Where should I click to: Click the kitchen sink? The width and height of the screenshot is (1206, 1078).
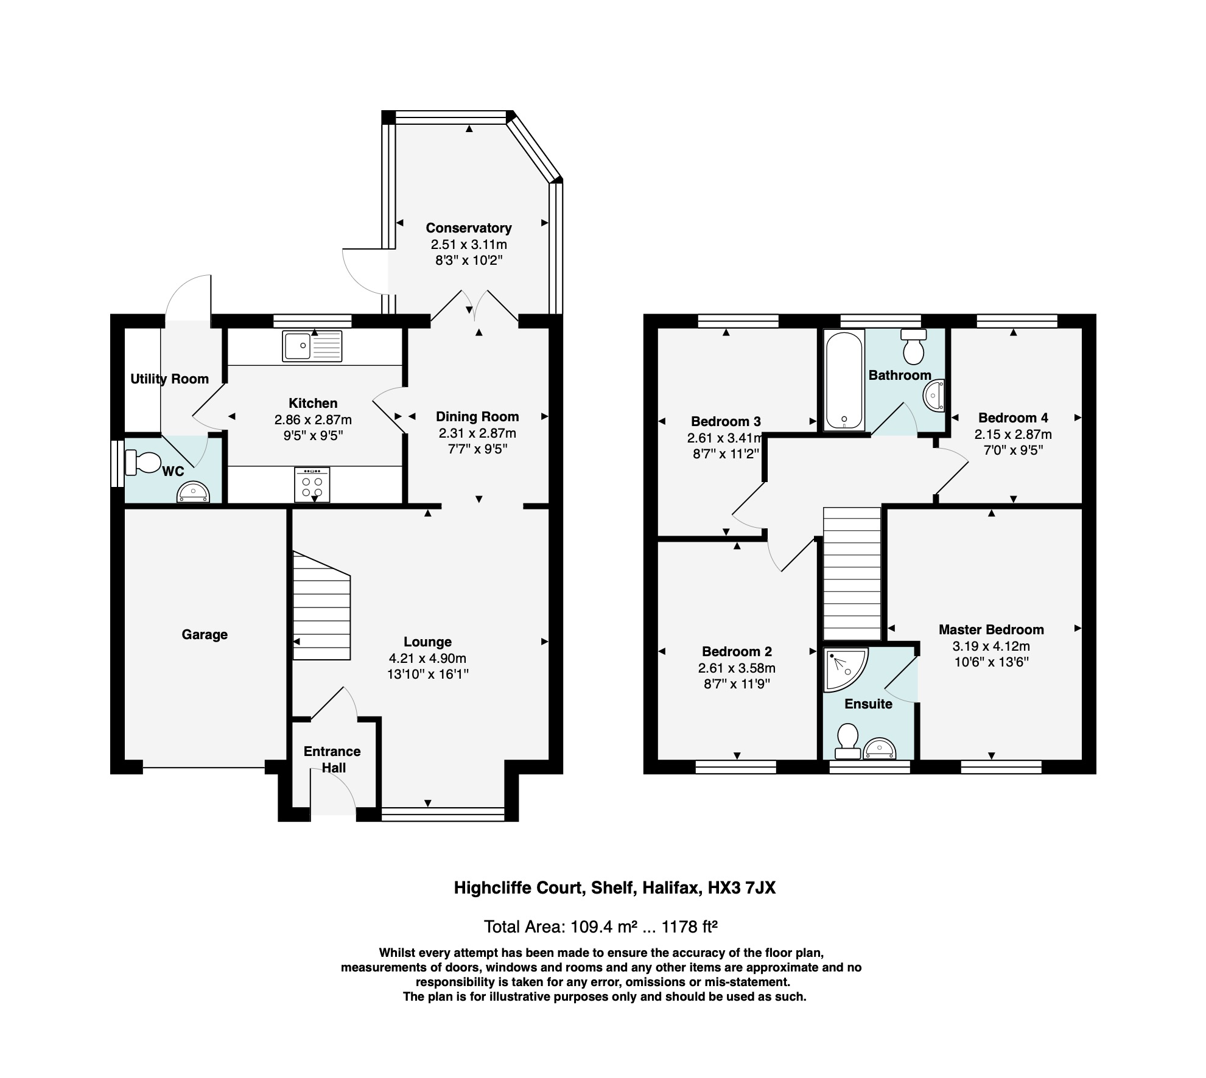pos(312,346)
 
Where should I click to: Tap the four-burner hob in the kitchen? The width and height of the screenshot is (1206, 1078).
pos(312,485)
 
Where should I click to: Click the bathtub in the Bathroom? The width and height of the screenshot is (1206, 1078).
pos(844,380)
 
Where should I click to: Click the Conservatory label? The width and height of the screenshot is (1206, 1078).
pos(468,228)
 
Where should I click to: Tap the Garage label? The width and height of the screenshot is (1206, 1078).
pos(205,634)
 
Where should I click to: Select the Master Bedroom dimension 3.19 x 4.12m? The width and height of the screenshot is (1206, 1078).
pos(991,646)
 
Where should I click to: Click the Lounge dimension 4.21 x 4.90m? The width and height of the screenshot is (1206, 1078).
pos(427,658)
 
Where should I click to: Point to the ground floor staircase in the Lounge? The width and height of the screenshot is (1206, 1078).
pos(321,606)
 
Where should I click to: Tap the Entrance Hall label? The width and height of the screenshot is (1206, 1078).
pos(332,759)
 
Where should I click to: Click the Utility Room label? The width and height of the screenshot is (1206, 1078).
pos(169,379)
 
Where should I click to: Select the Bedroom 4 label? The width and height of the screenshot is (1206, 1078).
pos(1013,418)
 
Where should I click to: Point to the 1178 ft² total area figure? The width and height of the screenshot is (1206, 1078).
pos(689,926)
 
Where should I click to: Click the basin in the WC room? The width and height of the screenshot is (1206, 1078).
pos(193,492)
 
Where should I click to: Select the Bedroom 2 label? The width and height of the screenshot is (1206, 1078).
pos(737,651)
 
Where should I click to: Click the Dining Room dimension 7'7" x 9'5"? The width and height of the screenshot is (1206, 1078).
pos(477,449)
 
